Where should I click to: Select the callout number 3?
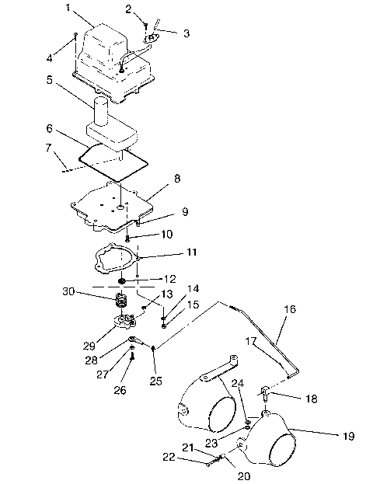pos(185,33)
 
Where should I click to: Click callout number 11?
pos(192,252)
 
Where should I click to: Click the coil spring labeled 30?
pos(121,301)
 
